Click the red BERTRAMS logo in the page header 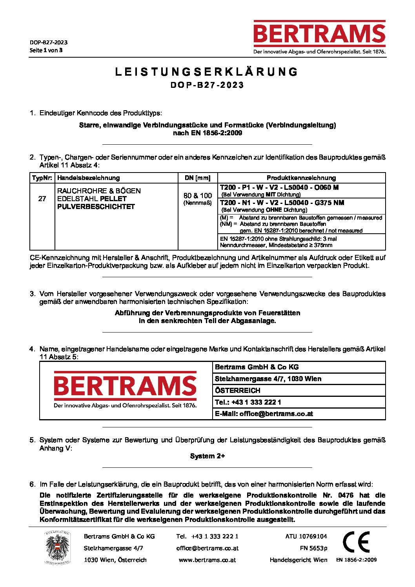[319, 34]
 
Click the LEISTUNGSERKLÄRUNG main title [207, 72]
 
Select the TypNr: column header [42, 178]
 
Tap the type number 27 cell [42, 199]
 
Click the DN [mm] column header [197, 178]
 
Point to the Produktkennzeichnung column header [301, 178]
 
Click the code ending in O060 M [279, 187]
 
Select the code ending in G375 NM [282, 203]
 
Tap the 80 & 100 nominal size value [197, 196]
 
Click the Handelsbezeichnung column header [89, 178]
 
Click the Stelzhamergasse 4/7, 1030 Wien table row [268, 379]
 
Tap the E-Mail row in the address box [264, 414]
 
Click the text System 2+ [207, 456]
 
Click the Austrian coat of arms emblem [57, 547]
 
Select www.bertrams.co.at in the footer [207, 560]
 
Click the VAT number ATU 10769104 [306, 536]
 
